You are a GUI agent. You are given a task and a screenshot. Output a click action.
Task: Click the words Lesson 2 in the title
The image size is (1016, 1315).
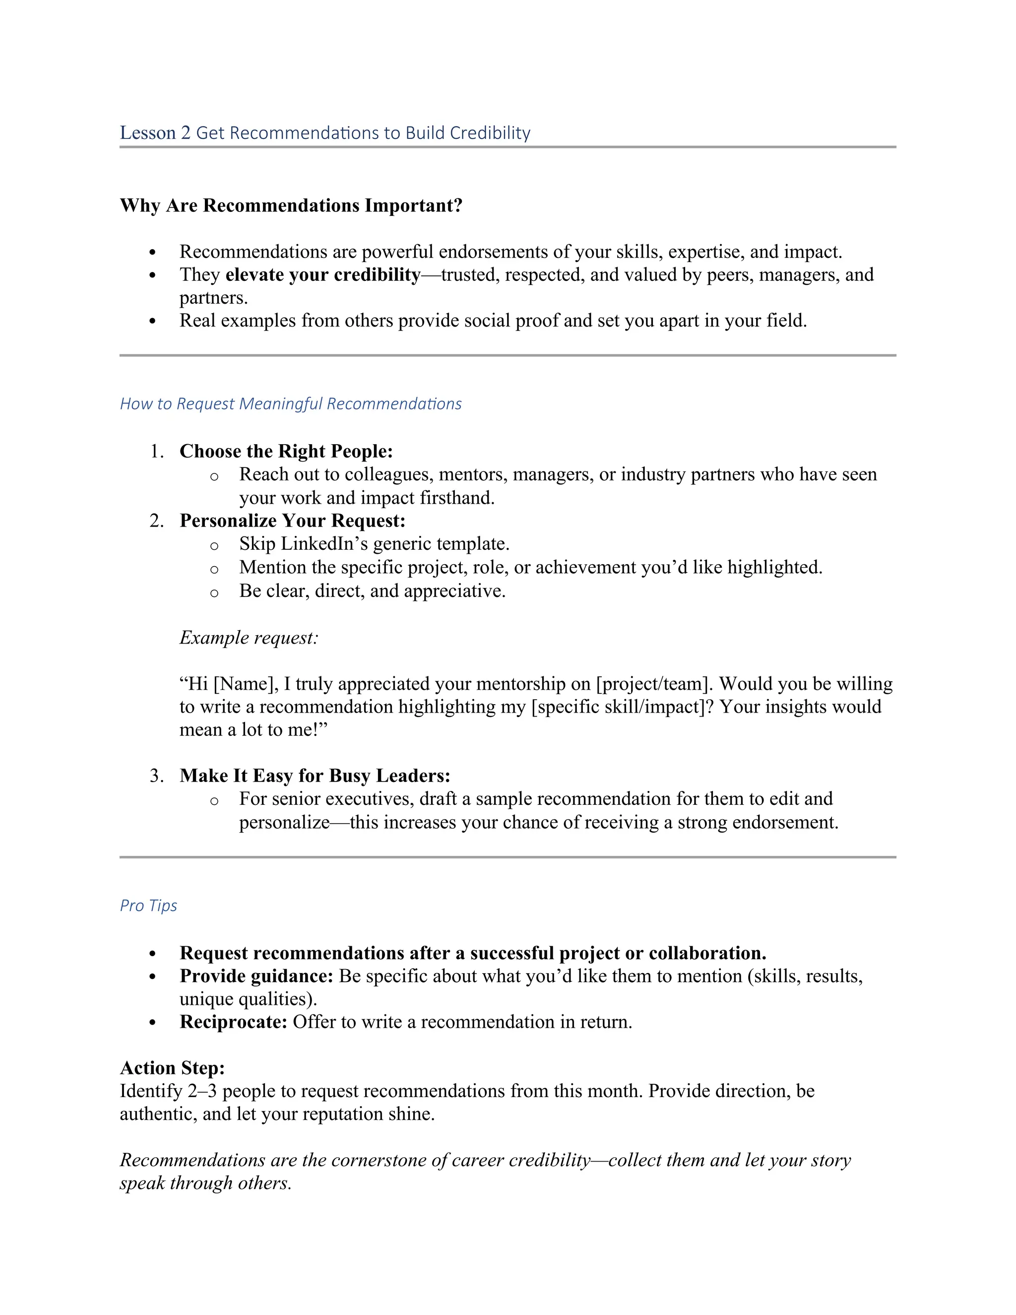(155, 132)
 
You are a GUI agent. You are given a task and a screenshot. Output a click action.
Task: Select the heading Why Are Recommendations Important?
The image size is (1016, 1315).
(291, 205)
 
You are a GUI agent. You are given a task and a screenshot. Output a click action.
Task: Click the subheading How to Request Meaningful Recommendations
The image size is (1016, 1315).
(291, 403)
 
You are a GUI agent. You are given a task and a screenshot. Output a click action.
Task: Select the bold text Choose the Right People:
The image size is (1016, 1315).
(286, 451)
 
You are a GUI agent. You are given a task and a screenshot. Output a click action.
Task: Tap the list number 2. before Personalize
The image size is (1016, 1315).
(156, 520)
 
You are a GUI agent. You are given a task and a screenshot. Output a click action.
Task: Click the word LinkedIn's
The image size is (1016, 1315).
(324, 544)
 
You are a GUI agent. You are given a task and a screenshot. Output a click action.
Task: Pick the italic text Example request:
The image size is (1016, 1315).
(249, 637)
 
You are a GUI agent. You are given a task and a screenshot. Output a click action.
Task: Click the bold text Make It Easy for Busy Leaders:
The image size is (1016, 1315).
(315, 776)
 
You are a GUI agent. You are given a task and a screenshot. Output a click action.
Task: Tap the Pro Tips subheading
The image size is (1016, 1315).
(148, 906)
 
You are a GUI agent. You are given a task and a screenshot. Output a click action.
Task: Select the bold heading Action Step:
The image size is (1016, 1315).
(172, 1067)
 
